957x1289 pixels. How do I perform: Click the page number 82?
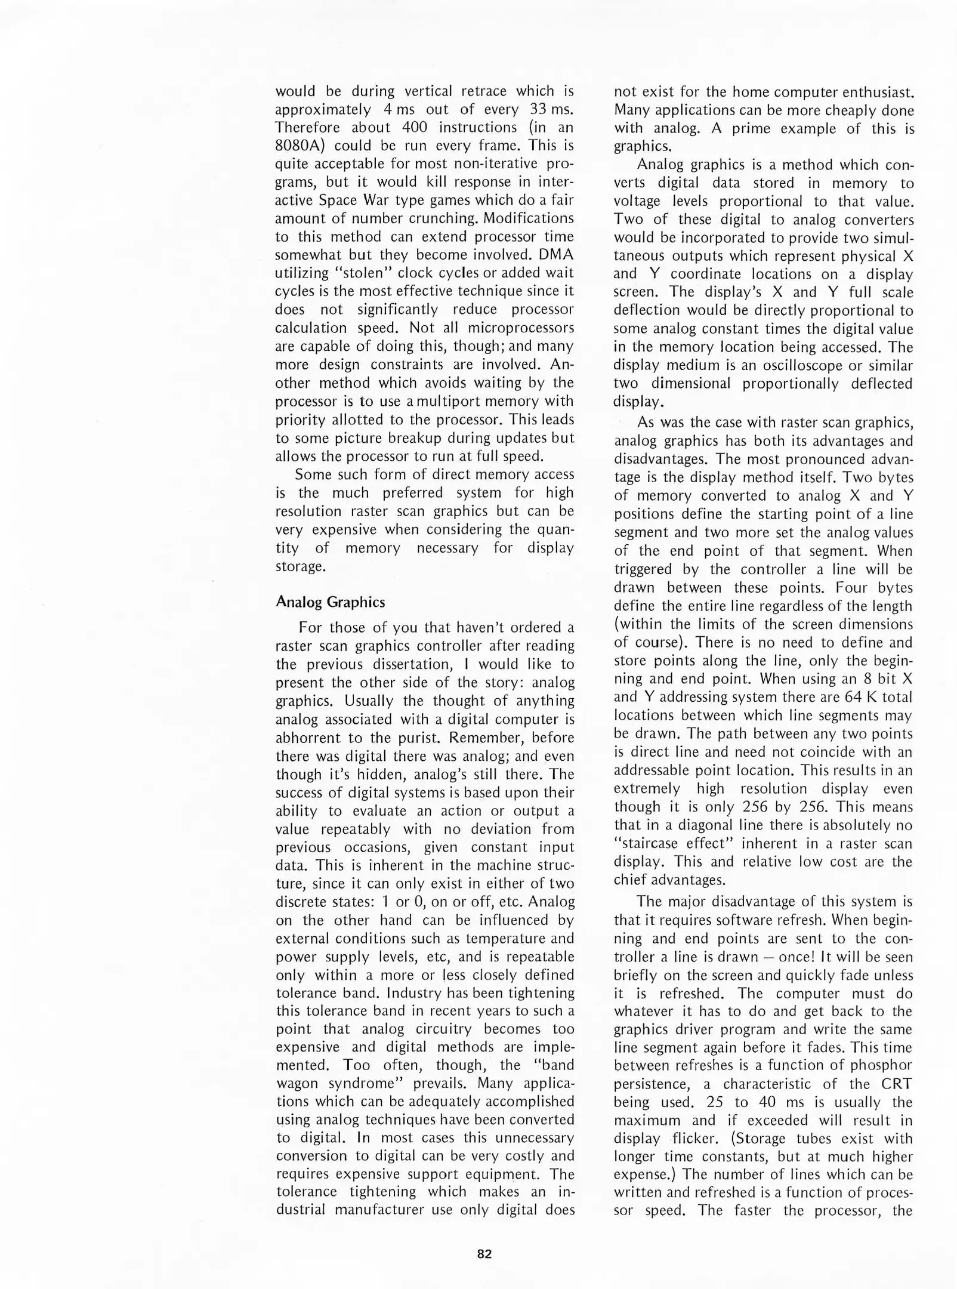484,1254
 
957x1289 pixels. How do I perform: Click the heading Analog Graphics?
330,602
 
